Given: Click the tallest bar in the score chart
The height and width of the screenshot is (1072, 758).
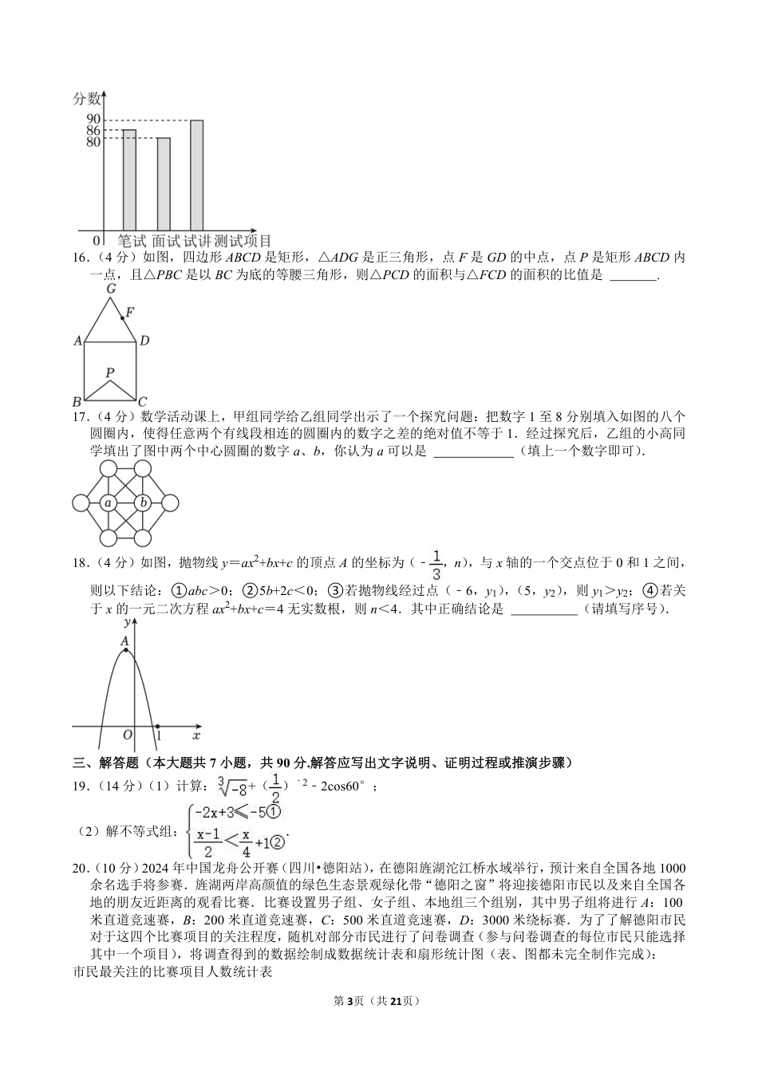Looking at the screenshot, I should pyautogui.click(x=196, y=175).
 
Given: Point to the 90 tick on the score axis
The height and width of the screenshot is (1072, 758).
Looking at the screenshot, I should pyautogui.click(x=93, y=120).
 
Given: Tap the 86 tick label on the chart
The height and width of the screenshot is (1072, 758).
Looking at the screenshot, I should pyautogui.click(x=93, y=131).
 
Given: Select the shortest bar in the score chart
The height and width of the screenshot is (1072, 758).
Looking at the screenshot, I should pyautogui.click(x=163, y=184).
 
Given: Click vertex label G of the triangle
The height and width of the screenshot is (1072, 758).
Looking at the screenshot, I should pyautogui.click(x=111, y=289).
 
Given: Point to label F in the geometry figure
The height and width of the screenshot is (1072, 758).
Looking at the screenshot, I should pyautogui.click(x=130, y=311).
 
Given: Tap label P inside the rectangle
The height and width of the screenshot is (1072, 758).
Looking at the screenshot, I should pyautogui.click(x=110, y=372).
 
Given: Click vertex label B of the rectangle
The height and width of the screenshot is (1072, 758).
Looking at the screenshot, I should pyautogui.click(x=77, y=401).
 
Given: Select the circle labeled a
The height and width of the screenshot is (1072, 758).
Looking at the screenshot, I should pyautogui.click(x=108, y=503).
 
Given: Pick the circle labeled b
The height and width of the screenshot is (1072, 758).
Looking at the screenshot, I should pyautogui.click(x=143, y=503).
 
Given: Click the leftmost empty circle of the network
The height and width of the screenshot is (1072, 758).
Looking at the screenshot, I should pyautogui.click(x=81, y=503).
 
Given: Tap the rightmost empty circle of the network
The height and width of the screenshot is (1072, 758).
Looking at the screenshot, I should pyautogui.click(x=170, y=503).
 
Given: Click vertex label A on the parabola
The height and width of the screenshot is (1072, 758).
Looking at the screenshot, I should pyautogui.click(x=124, y=640).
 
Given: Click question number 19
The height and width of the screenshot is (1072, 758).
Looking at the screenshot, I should pyautogui.click(x=79, y=786).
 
